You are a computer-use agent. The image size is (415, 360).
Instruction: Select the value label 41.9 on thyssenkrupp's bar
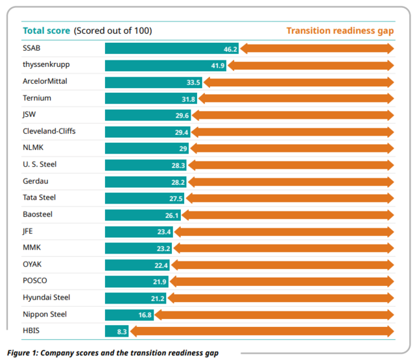pyautogui.click(x=217, y=65)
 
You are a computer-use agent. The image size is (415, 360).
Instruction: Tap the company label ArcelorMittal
pyautogui.click(x=45, y=81)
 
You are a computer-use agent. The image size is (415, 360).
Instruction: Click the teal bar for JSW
pyautogui.click(x=148, y=115)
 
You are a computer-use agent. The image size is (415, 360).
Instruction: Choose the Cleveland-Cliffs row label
pyautogui.click(x=49, y=131)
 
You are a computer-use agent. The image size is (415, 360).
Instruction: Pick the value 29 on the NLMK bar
pyautogui.click(x=184, y=149)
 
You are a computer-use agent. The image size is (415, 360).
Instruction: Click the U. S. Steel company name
pyautogui.click(x=40, y=165)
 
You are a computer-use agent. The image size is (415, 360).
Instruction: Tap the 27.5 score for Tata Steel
pyautogui.click(x=176, y=198)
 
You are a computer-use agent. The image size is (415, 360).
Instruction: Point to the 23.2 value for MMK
pyautogui.click(x=163, y=248)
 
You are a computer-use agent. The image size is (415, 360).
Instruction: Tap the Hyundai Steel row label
pyautogui.click(x=46, y=297)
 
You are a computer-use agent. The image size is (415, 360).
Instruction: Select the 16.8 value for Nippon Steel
pyautogui.click(x=143, y=315)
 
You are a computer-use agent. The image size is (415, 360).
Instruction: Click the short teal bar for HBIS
pyautogui.click(x=117, y=331)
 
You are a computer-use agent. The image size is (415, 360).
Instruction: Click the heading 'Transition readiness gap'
pyautogui.click(x=340, y=30)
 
